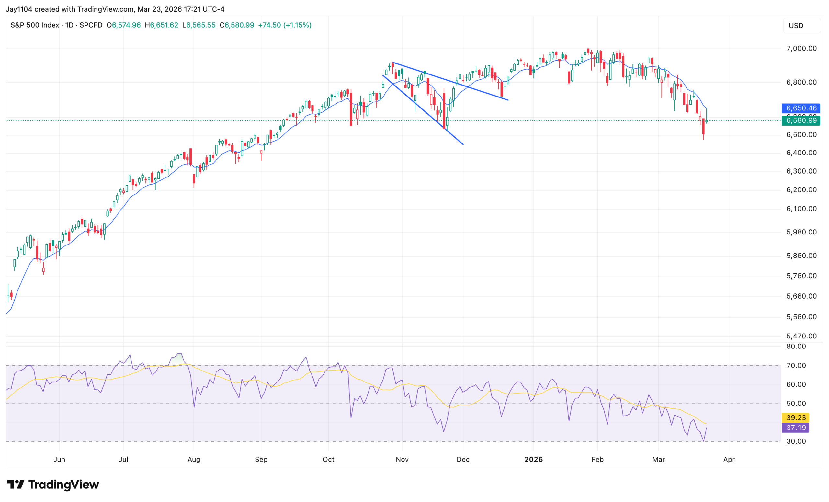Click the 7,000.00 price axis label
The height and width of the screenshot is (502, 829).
[x=801, y=49]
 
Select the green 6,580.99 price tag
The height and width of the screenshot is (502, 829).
[x=801, y=120]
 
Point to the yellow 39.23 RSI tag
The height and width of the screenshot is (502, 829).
[x=795, y=417]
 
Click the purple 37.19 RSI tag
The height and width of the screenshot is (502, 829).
[x=795, y=428]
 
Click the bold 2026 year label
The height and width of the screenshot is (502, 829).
[x=533, y=459]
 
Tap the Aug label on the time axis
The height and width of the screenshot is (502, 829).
[x=194, y=459]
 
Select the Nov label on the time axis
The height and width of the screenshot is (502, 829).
[x=402, y=459]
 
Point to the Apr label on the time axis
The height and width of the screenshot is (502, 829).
[x=729, y=459]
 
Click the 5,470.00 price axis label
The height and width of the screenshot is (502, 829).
[x=801, y=336]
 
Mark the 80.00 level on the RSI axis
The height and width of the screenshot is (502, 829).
[x=796, y=346]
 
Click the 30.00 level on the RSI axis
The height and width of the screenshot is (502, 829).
[x=796, y=441]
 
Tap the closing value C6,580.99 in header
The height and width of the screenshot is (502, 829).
[x=237, y=25]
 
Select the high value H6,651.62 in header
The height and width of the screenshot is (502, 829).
[x=162, y=25]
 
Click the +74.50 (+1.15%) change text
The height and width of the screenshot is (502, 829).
[x=285, y=25]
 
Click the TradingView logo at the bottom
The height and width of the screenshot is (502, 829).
[x=53, y=485]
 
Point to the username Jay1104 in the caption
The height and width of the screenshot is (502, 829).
[x=19, y=9]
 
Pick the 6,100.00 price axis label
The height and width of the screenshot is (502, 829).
[x=801, y=209]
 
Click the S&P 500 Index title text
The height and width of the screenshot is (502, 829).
[x=35, y=25]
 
